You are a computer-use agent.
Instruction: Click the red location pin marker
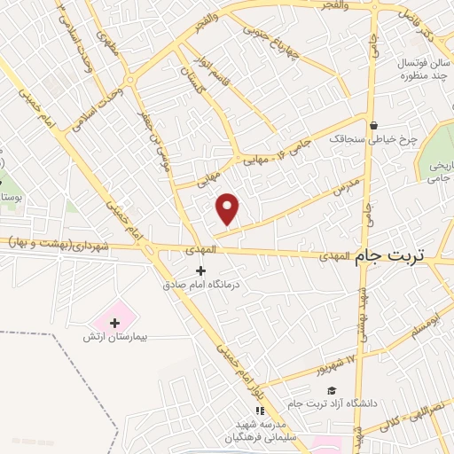tap(228, 208)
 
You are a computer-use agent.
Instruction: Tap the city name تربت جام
tap(390, 255)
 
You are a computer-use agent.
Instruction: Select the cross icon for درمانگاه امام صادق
tap(200, 270)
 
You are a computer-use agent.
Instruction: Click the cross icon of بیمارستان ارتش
tap(114, 322)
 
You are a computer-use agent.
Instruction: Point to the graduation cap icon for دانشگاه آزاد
tap(332, 390)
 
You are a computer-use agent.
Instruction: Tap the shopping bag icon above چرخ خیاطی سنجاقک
tap(374, 125)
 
